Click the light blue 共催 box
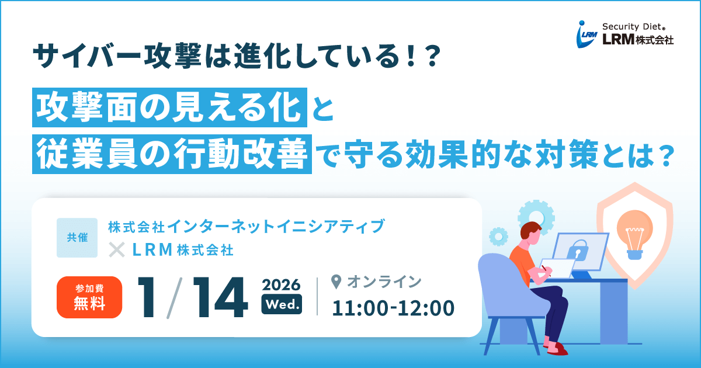[x=77, y=238]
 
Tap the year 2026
[x=282, y=285]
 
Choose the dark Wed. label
[x=282, y=304]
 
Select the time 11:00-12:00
[x=393, y=308]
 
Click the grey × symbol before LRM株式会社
[x=117, y=250]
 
